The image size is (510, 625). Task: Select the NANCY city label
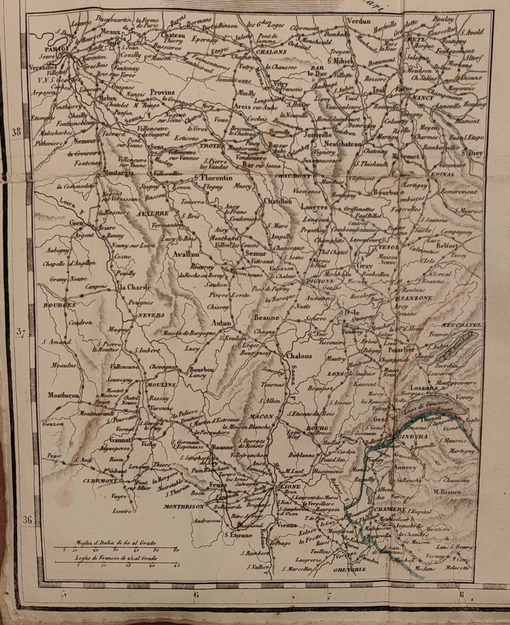[x=423, y=98]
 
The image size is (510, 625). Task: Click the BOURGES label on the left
[x=59, y=305]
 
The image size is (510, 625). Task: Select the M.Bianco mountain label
[x=446, y=491]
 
